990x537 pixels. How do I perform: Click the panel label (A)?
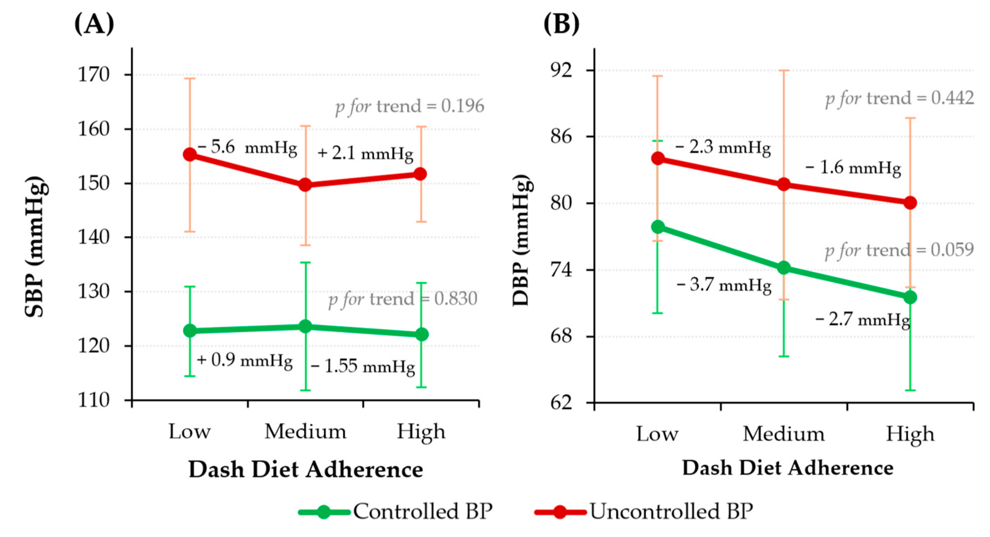tap(94, 24)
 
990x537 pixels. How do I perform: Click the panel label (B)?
tap(561, 24)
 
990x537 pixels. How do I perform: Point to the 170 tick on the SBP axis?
tap(94, 75)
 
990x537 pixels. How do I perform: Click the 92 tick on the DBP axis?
tap(561, 70)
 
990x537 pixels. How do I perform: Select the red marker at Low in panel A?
tap(190, 155)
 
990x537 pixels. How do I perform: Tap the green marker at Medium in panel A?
tap(306, 327)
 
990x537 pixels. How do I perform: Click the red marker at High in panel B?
tap(910, 203)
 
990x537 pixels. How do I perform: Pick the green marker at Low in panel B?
tap(658, 227)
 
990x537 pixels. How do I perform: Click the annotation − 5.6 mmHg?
tap(248, 147)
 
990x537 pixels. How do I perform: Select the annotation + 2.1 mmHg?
tap(365, 153)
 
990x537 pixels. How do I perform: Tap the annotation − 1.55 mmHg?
tap(363, 366)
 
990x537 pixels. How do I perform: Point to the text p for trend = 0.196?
tap(409, 106)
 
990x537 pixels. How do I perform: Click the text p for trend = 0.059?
tap(899, 250)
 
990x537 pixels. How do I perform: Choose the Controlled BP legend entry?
tap(396, 511)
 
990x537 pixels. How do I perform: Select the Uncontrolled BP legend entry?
tap(644, 511)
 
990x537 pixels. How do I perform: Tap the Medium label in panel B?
tap(784, 434)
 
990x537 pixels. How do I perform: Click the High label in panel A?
tap(421, 432)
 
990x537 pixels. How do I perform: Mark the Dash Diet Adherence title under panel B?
tap(787, 468)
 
